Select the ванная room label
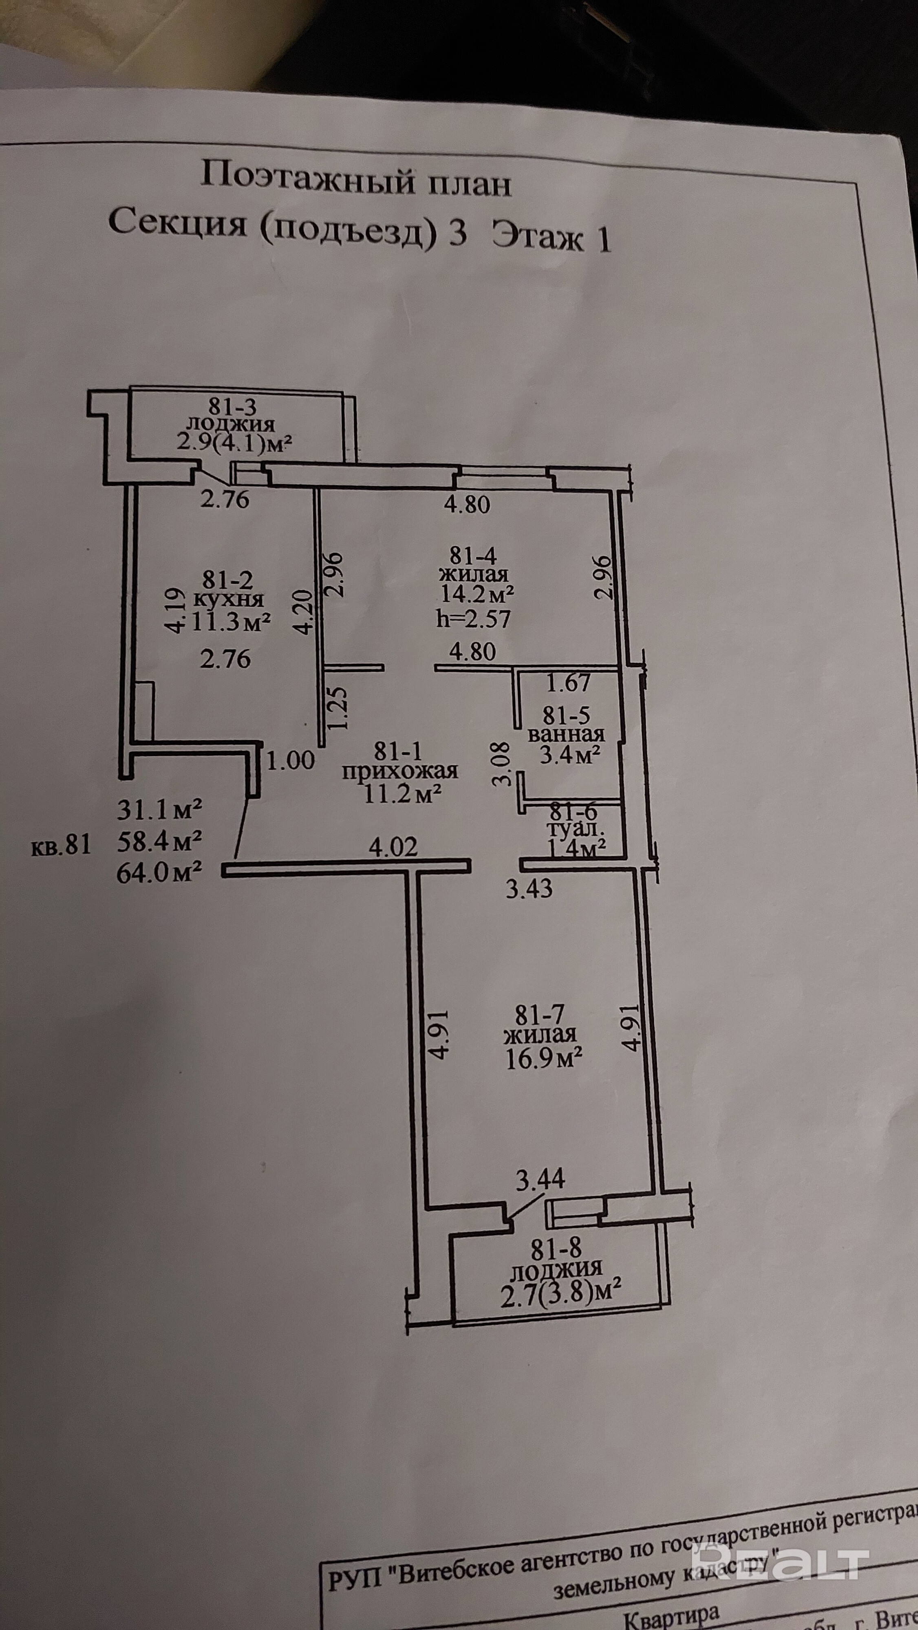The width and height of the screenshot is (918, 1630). [x=566, y=735]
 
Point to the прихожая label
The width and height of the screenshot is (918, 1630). [x=399, y=771]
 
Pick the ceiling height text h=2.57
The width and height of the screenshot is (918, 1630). [x=474, y=618]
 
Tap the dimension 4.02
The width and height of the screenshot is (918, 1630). [x=393, y=847]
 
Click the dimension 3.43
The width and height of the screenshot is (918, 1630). [x=529, y=889]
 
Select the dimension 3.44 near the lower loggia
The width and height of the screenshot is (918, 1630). [x=541, y=1179]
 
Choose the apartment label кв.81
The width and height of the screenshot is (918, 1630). [x=61, y=846]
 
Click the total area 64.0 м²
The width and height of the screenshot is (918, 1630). [x=159, y=873]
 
